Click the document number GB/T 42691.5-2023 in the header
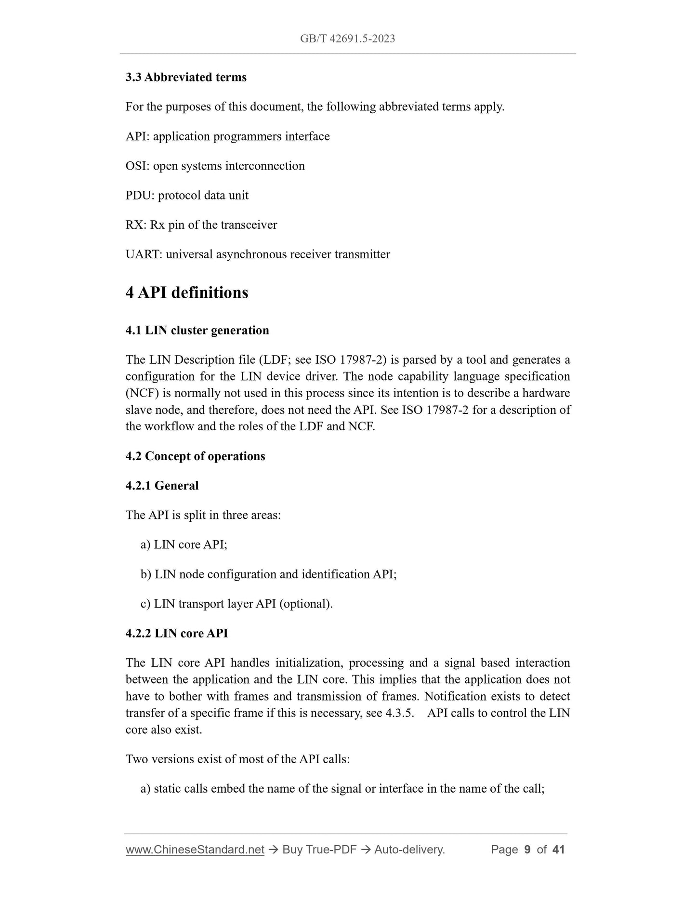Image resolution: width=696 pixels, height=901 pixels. tap(347, 39)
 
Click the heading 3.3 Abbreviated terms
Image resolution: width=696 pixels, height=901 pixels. tap(186, 77)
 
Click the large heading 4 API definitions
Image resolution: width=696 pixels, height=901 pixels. tap(187, 292)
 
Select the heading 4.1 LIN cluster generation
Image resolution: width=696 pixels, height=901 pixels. tap(197, 331)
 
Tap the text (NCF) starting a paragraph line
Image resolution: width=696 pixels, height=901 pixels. tap(142, 393)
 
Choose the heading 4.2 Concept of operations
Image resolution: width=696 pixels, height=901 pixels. tap(195, 456)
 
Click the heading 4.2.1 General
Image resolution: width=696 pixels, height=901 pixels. tap(162, 486)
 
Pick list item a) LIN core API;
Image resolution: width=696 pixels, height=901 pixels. tap(184, 544)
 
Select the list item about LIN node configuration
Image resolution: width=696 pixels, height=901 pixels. tap(268, 574)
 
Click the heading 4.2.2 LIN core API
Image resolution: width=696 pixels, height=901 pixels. tap(177, 633)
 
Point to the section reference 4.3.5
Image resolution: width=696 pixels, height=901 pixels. tap(399, 713)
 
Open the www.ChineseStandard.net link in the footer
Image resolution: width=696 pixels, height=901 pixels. tap(195, 849)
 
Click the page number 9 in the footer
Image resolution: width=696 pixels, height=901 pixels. tap(527, 849)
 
